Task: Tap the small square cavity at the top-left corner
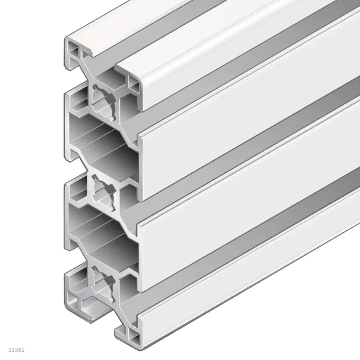pyautogui.click(x=73, y=49)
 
